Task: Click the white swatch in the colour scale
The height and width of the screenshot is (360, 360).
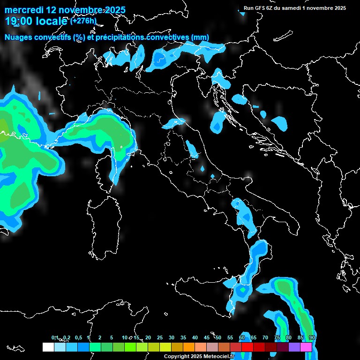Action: [x=48, y=347]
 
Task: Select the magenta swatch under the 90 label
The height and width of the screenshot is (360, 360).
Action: [x=306, y=347]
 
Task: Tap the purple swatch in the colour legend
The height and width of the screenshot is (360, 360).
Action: [x=294, y=347]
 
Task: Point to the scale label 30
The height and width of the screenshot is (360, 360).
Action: [x=172, y=337]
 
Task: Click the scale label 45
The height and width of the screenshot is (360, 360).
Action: [x=207, y=337]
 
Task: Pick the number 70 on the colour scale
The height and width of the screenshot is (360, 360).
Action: [x=265, y=337]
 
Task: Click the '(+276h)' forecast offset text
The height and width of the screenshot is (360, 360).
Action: [x=83, y=21]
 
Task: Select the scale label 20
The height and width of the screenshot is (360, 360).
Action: [x=148, y=337]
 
